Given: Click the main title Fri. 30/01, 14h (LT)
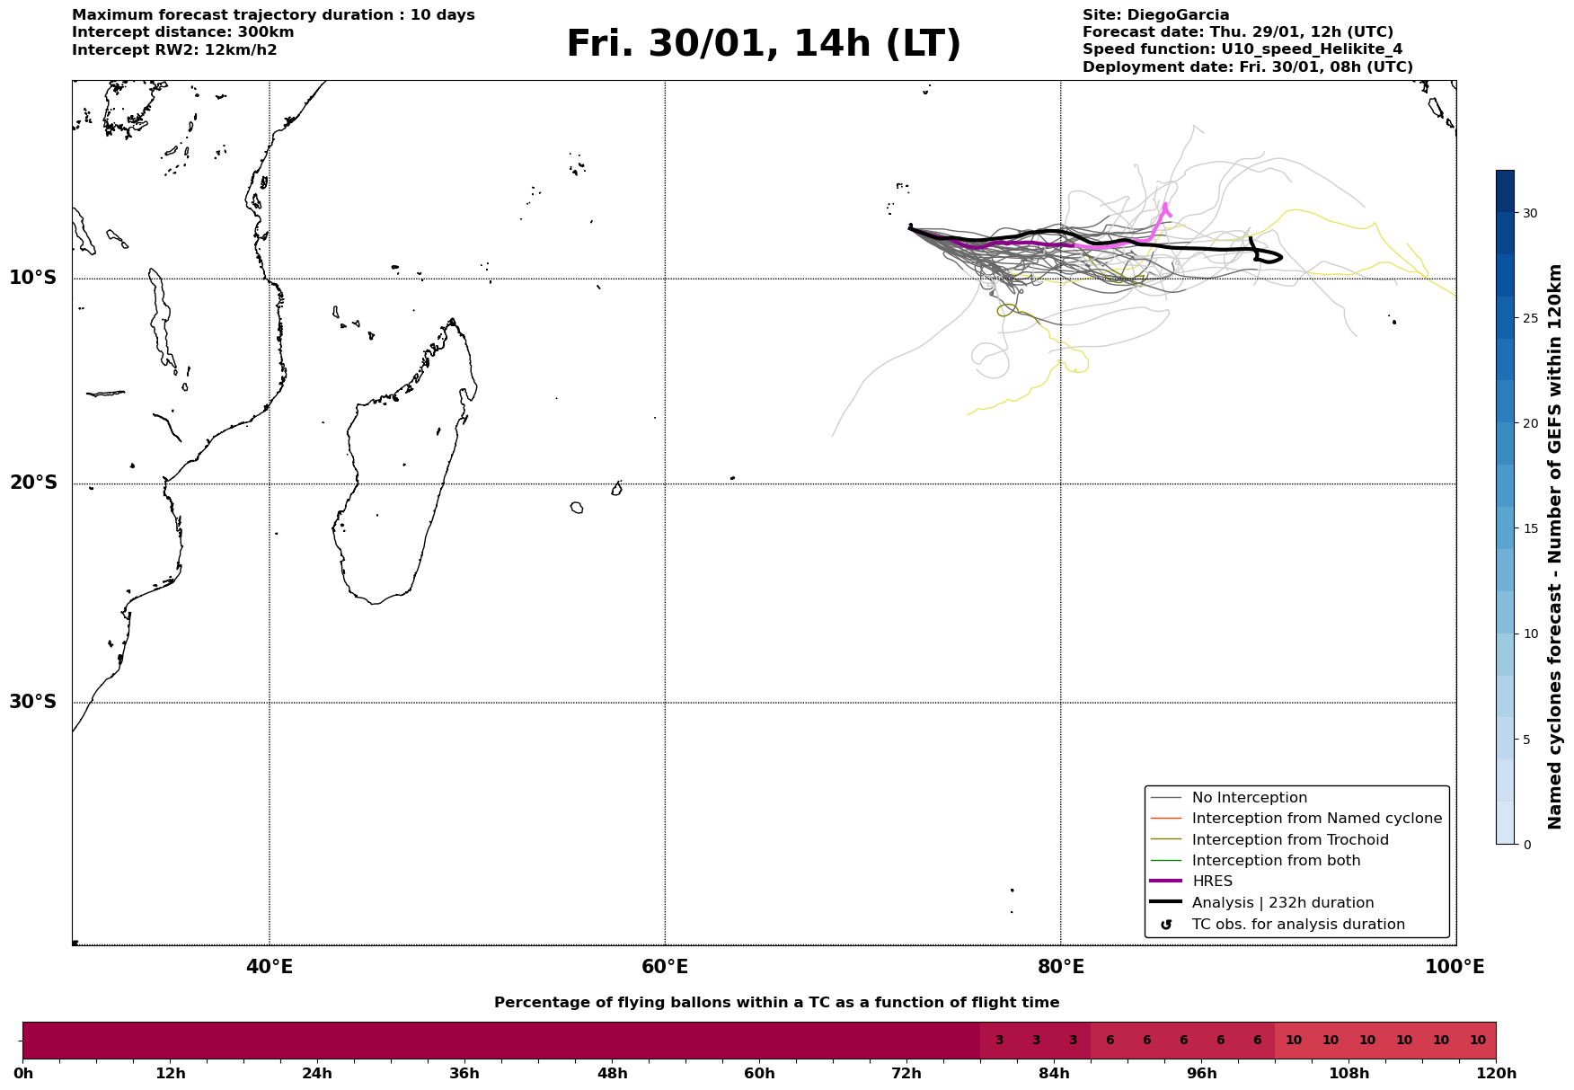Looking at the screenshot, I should (763, 44).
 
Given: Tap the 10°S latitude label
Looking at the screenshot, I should (33, 278).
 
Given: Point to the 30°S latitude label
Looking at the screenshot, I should (33, 702).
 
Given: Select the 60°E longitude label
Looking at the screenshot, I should (665, 968).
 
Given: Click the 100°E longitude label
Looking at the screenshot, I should (1455, 968).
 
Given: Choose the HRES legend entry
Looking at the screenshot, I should (1212, 882).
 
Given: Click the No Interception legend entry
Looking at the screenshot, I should (1249, 798).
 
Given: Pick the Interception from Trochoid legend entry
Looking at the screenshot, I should (1289, 840).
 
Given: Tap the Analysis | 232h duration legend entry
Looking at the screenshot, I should (1282, 903).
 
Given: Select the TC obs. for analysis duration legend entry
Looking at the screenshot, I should (1297, 925).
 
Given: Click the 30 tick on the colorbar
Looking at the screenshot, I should (1528, 213).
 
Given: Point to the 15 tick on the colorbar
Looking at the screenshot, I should (1528, 528).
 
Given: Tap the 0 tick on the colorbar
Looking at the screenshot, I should (1525, 845).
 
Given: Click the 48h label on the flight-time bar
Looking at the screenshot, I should (612, 1074).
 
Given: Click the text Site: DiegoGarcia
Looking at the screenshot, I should (1155, 15).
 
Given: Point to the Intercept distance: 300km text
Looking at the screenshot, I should (182, 32).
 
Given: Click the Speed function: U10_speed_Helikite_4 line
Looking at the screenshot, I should (1242, 49).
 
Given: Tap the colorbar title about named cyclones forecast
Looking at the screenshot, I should (1555, 546).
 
